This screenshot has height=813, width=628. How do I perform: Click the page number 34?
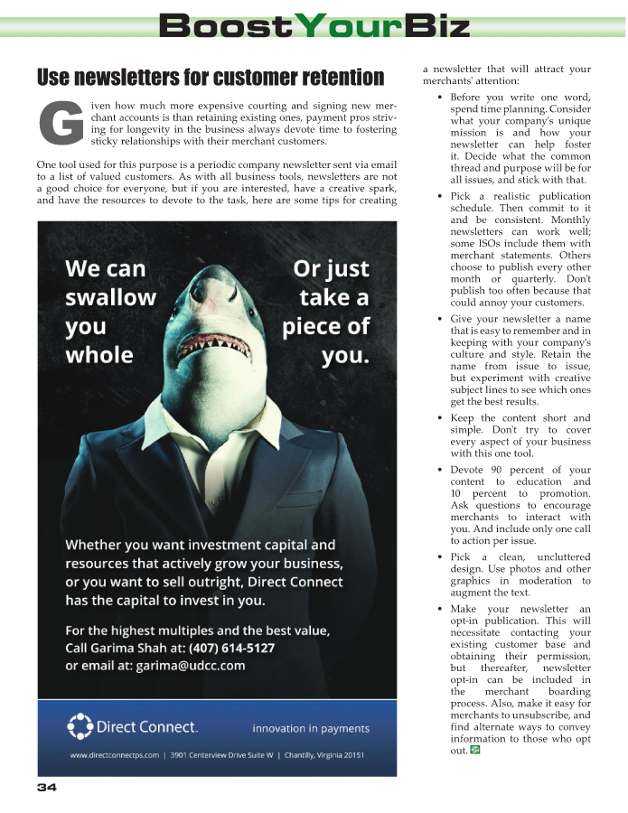pyautogui.click(x=47, y=788)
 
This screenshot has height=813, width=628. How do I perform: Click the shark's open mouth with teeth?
pyautogui.click(x=216, y=342)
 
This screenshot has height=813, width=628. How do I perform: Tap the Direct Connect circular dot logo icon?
pyautogui.click(x=80, y=725)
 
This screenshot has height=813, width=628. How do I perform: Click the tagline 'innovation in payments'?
pyautogui.click(x=311, y=728)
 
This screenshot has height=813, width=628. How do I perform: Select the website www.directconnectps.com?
pyautogui.click(x=115, y=755)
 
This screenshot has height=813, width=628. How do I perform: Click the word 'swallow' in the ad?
pyautogui.click(x=110, y=297)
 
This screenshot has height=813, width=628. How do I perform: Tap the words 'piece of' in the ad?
pyautogui.click(x=326, y=326)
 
